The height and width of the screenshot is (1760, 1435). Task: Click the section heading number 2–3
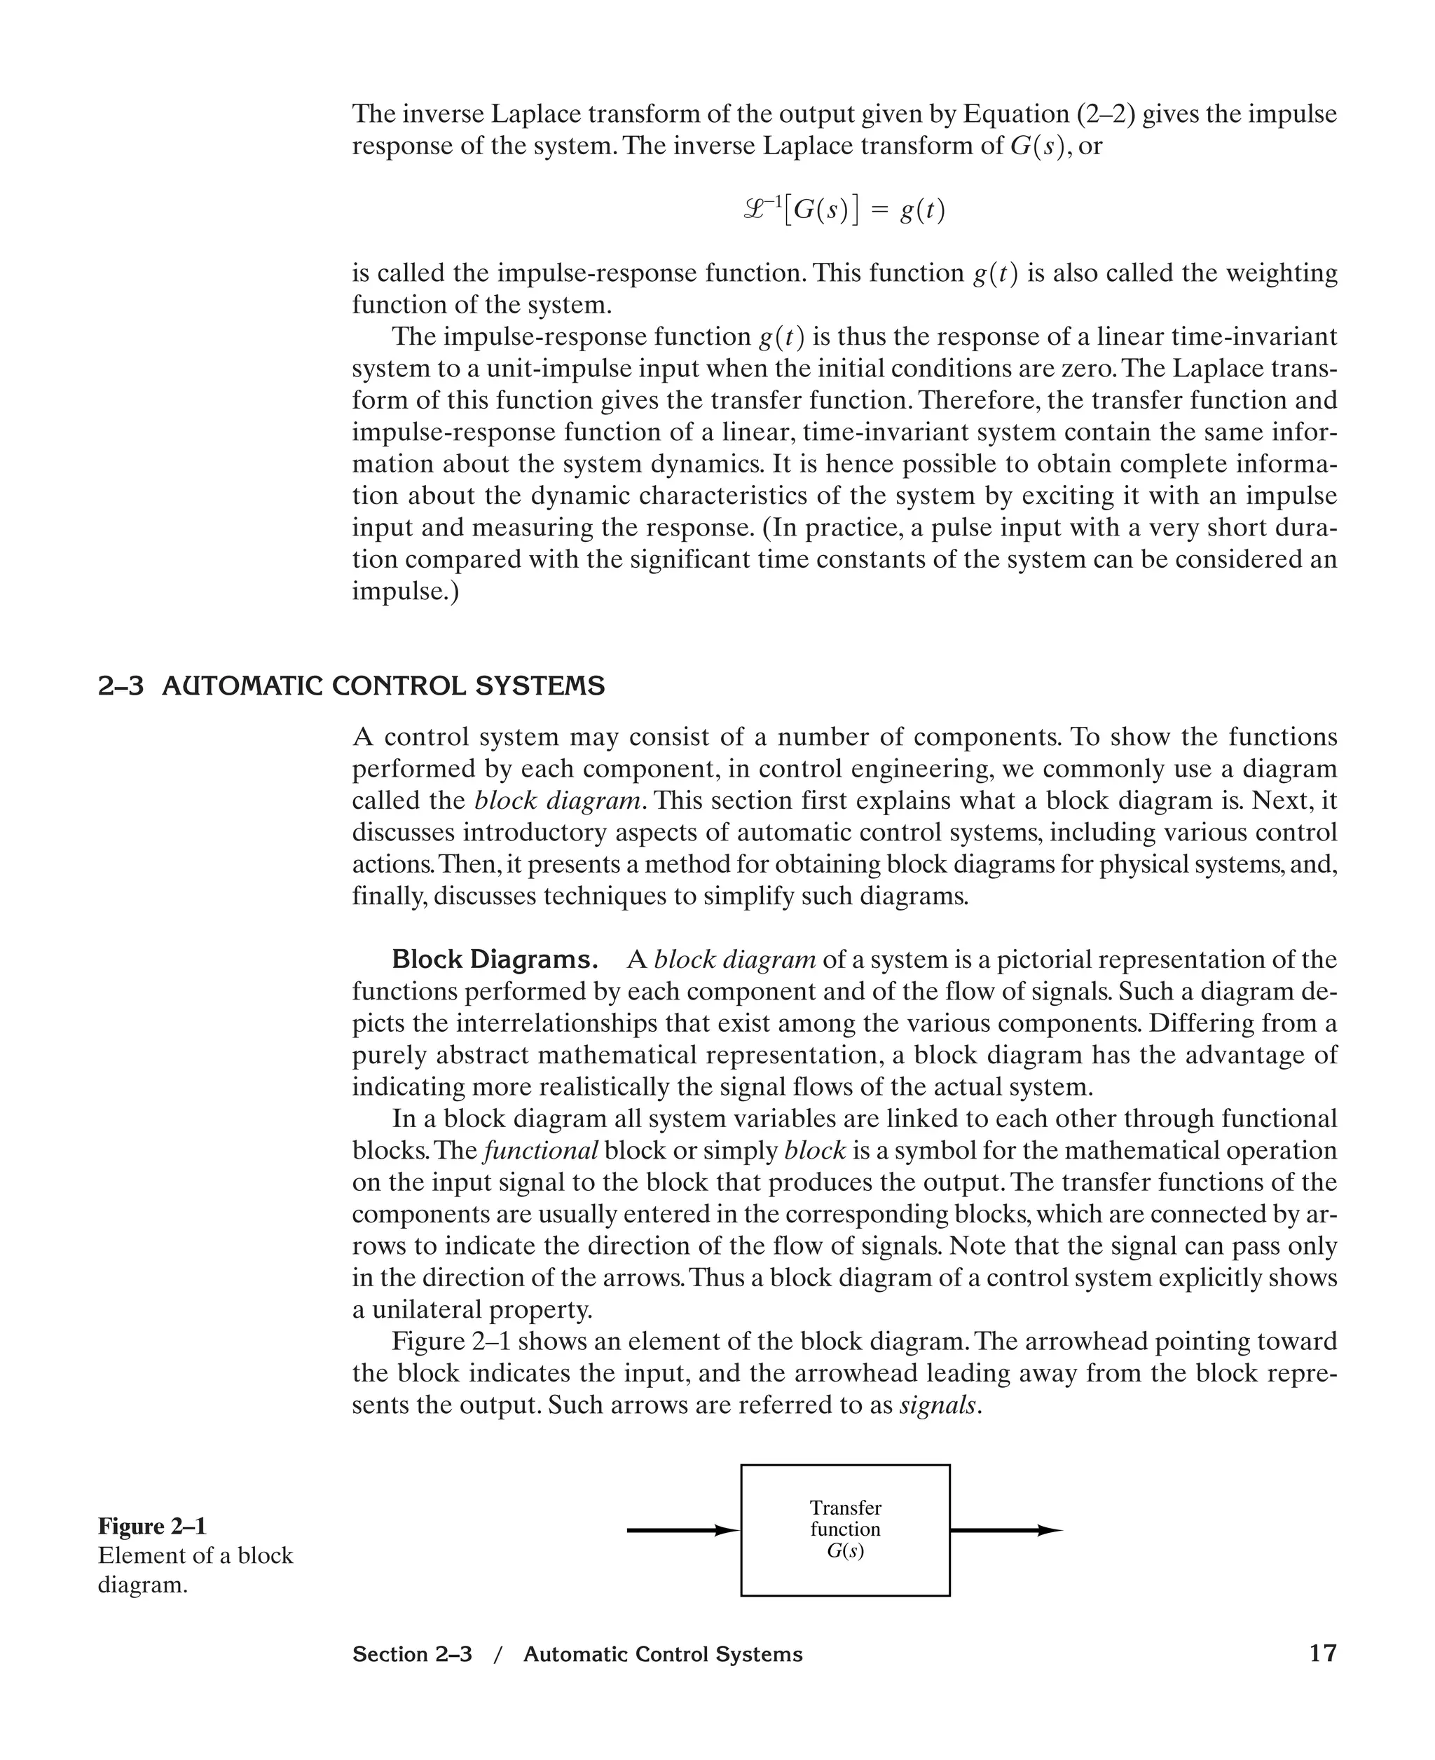(x=121, y=686)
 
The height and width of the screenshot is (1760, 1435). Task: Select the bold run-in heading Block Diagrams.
(x=494, y=960)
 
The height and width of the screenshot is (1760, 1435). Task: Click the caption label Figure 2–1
(x=152, y=1525)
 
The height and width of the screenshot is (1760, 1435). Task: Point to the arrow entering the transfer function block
(x=682, y=1530)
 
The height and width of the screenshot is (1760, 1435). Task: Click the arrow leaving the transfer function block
(x=1005, y=1530)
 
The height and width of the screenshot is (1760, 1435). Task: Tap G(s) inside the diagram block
(x=845, y=1551)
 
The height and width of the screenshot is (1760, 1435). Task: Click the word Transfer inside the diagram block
(x=845, y=1507)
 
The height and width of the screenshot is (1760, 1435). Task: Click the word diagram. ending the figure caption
(x=142, y=1585)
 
